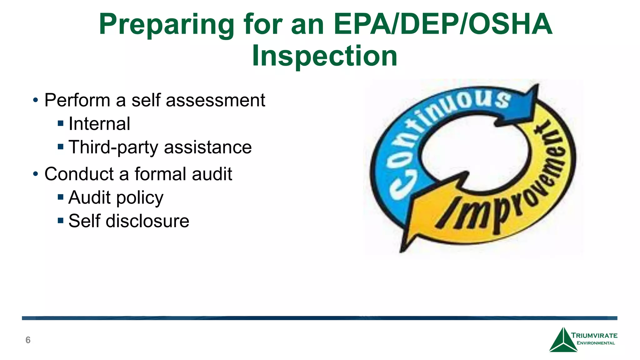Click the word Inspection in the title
[x=325, y=56]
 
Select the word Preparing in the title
[x=167, y=25]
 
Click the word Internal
[x=99, y=123]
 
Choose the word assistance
[x=208, y=147]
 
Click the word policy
[x=140, y=198]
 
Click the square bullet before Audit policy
[x=61, y=197]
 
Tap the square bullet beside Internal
[x=61, y=123]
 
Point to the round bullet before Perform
[x=36, y=100]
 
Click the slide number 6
[x=28, y=340]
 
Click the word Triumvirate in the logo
[x=594, y=336]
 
